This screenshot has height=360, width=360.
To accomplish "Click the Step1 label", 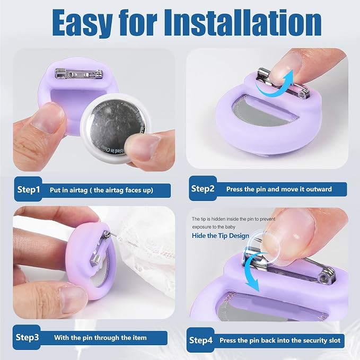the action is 29,189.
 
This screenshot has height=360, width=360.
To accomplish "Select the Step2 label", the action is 203,189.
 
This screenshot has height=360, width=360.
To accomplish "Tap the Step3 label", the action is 28,337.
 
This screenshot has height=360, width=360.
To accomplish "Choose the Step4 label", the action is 201,340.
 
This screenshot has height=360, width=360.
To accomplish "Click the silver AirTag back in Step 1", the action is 116,127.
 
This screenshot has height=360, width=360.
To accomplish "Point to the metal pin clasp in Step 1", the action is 79,74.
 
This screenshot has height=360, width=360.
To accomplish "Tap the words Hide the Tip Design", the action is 221,236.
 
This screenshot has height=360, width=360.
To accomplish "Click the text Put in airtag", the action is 68,190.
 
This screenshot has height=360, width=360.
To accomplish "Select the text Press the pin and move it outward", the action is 279,189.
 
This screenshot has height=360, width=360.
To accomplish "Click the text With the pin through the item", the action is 100,338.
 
